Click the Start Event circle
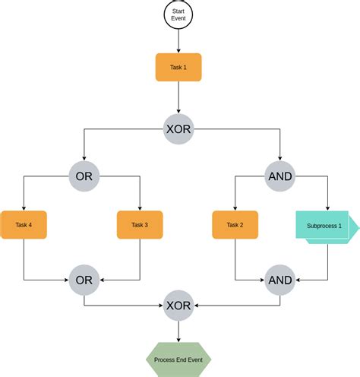coord(178,14)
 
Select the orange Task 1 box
coord(178,67)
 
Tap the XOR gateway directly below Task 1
coord(178,129)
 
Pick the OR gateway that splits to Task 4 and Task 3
coord(83,176)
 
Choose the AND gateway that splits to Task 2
coord(280,176)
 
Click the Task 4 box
coord(24,225)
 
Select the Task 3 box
coord(140,225)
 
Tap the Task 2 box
coord(235,225)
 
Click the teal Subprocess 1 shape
coord(325,226)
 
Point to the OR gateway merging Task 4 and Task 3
coord(83,280)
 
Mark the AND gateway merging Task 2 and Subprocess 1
coord(280,280)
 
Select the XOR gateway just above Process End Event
coord(178,306)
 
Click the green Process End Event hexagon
coord(178,358)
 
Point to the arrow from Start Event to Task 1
coord(178,41)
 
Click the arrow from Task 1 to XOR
coord(178,97)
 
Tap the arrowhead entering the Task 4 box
coord(24,208)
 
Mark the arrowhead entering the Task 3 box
coord(140,208)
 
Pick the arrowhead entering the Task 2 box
coord(235,208)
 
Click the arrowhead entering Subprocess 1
coord(327,208)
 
